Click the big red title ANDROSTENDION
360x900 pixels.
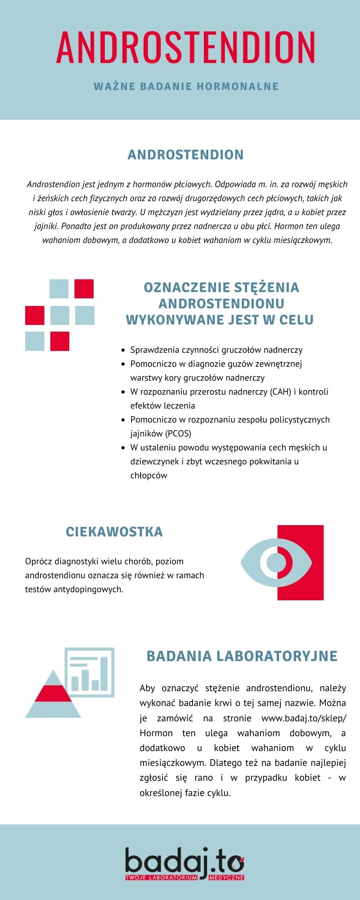coord(185,47)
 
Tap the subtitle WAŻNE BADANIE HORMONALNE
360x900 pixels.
coord(186,86)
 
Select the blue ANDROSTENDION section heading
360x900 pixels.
coord(185,154)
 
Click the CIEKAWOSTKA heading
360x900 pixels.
coord(114,531)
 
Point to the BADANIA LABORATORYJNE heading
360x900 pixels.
coord(242,656)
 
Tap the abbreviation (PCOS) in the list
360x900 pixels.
coord(178,433)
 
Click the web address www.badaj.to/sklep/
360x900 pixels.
coord(304,718)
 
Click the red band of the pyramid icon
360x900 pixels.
coord(53,693)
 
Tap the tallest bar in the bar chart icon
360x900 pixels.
coord(104,673)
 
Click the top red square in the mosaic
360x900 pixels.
coord(84,288)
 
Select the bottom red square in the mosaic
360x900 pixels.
coord(59,341)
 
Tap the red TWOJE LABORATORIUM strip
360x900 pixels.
coord(161,877)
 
